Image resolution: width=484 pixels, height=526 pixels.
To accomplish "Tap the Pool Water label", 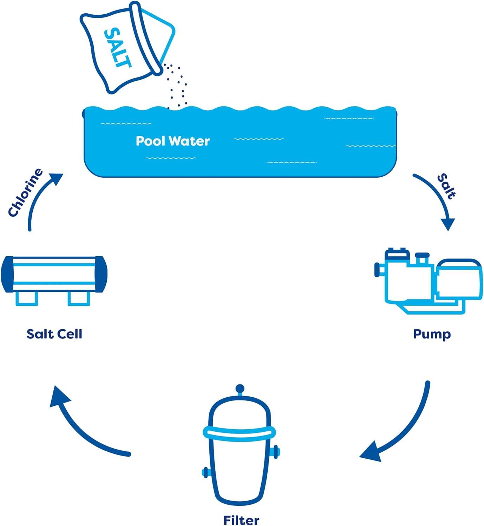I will pyautogui.click(x=172, y=141).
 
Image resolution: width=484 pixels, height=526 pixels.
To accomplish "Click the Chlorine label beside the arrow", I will pyautogui.click(x=25, y=193).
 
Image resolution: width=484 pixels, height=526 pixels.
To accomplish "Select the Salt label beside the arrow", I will pyautogui.click(x=446, y=186).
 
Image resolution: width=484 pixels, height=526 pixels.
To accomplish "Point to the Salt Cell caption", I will pyautogui.click(x=54, y=334).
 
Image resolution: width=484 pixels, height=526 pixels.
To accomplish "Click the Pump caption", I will pyautogui.click(x=432, y=334).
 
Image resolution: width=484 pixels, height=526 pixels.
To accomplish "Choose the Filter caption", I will pyautogui.click(x=241, y=520).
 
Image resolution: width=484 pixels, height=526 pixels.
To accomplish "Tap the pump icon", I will pyautogui.click(x=429, y=281).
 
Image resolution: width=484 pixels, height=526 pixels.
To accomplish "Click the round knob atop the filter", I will pyautogui.click(x=240, y=389).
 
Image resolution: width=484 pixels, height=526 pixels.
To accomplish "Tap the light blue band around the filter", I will pyautogui.click(x=240, y=433).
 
